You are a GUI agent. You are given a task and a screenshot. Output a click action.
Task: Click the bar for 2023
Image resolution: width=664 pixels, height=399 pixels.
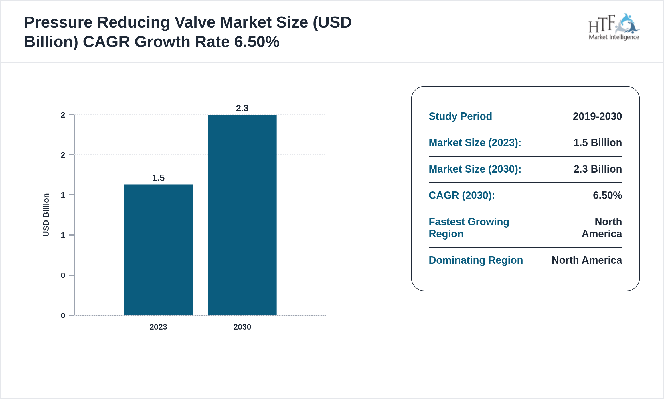[158, 249]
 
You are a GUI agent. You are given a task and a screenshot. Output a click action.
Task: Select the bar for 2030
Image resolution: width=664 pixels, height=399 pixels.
[242, 215]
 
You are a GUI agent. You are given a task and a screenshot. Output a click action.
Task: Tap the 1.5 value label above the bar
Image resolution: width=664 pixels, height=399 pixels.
[158, 178]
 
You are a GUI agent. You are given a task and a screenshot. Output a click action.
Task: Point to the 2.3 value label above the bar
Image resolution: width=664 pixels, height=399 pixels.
[242, 108]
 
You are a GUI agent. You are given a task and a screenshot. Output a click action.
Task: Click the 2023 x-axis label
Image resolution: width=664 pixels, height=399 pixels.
[158, 327]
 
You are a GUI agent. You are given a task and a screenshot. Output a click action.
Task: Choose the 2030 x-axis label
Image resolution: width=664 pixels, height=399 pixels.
[242, 327]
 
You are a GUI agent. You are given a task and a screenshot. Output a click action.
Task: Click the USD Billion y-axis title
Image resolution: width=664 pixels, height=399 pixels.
[46, 215]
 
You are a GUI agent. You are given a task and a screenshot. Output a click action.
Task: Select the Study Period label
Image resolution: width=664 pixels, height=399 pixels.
[460, 116]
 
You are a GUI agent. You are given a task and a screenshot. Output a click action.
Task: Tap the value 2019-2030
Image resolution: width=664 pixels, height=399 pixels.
[597, 116]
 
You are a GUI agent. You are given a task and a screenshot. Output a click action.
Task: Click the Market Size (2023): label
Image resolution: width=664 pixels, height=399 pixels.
[475, 143]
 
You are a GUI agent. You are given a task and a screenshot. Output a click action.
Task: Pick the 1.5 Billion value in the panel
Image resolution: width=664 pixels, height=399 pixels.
[598, 143]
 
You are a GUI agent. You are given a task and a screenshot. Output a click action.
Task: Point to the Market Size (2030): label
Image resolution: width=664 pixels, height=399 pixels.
[475, 169]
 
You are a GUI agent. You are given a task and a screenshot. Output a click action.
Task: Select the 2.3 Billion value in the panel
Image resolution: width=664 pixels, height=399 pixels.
[598, 169]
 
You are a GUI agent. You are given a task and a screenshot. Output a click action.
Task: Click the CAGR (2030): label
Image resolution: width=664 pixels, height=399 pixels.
[462, 195]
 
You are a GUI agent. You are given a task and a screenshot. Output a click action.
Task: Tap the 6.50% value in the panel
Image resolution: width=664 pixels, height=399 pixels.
[607, 195]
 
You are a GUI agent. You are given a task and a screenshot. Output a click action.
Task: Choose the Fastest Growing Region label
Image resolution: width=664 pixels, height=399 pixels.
[469, 228]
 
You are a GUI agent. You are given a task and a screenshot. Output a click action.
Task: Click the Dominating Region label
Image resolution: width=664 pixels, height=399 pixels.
[476, 260]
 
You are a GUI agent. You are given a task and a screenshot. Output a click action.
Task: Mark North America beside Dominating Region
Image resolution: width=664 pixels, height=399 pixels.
[587, 260]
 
